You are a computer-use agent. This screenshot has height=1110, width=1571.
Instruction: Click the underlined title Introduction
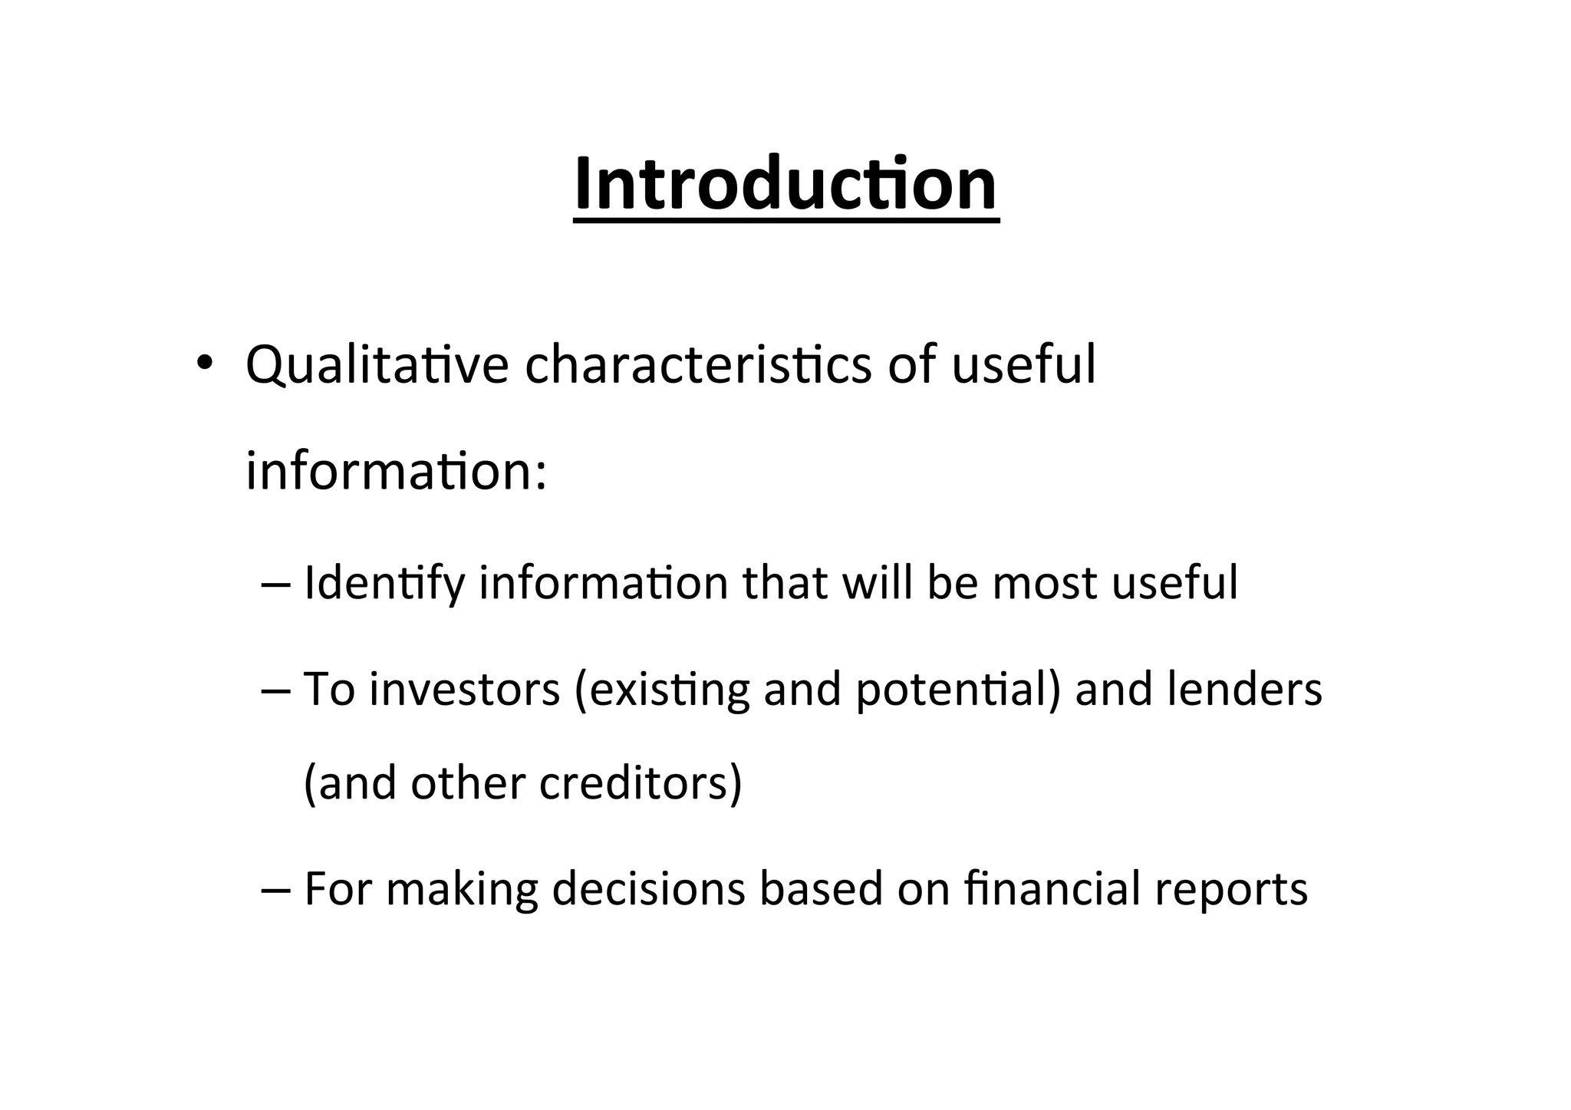point(785,184)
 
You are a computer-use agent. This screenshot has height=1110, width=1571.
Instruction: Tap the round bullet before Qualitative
point(203,363)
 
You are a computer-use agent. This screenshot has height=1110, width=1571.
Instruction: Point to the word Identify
point(384,584)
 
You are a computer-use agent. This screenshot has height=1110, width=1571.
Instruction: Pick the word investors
point(465,689)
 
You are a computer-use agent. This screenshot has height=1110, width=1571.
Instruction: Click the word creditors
point(640,784)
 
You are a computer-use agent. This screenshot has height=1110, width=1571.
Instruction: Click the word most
point(1045,584)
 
